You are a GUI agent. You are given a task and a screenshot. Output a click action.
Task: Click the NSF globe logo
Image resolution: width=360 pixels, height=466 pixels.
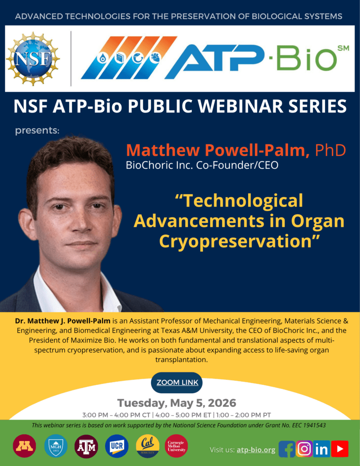pos(32,59)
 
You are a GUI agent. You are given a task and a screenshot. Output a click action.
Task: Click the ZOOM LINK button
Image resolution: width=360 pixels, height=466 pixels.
pos(177,382)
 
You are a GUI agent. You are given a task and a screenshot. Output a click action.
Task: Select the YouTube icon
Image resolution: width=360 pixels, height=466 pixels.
pos(340,449)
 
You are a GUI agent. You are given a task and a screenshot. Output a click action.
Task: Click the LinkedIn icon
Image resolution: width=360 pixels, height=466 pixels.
pos(322,449)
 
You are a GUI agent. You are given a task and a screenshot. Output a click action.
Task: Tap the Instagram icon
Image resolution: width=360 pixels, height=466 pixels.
pos(304,449)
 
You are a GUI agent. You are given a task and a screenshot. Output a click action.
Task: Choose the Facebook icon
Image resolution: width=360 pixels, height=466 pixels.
pos(287,449)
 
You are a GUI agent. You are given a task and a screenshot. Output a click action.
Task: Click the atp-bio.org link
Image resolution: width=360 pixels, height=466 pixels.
pos(256,450)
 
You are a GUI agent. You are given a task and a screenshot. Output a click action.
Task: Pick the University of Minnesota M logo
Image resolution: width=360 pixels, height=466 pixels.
pos(24,446)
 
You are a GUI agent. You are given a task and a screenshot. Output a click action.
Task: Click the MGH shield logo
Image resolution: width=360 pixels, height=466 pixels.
pos(56,446)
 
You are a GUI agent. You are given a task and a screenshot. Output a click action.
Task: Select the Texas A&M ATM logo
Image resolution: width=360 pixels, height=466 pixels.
pos(86,446)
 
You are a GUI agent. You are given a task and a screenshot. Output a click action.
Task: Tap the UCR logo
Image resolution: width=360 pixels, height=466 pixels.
pos(117,446)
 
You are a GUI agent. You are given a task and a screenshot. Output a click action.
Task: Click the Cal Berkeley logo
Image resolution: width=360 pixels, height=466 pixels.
pos(147,446)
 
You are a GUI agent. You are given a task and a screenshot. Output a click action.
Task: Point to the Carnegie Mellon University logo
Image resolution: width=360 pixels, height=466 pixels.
pos(177,446)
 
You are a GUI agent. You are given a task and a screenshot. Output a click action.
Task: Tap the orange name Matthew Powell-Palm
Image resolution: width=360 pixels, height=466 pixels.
pos(218,150)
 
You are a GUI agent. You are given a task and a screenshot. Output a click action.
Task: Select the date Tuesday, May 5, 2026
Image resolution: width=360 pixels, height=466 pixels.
pos(177,403)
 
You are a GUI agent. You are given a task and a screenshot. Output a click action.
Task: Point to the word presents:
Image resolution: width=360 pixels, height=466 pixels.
pos(37,131)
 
